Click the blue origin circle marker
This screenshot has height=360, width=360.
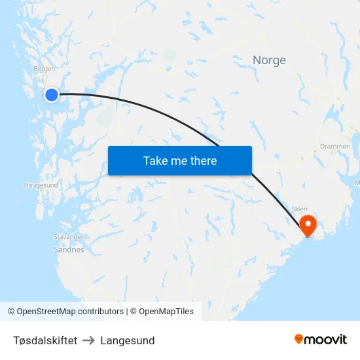pos(51,95)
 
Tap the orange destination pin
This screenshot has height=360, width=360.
pos(308,226)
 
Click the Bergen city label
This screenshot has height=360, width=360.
pos(44,68)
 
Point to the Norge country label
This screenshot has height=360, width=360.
pos(269,60)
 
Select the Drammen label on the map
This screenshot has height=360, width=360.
pos(335,147)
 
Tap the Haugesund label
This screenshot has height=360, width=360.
pos(41,185)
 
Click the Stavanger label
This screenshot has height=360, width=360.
pos(68,236)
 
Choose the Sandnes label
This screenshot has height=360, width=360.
pos(69,249)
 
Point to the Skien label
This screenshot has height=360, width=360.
pos(299,209)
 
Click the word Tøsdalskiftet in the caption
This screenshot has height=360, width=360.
pos(45,340)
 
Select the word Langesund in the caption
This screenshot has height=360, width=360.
pos(128,340)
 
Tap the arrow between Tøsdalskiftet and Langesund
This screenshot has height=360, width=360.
pos(88,340)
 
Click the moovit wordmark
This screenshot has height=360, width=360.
pos(325,339)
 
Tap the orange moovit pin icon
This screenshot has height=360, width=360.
pos(298,339)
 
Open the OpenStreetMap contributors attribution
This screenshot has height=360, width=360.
pos(70,312)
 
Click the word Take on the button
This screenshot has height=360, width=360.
pos(155,161)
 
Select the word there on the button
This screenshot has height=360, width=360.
pos(203,161)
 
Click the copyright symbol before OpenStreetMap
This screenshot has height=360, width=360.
pos(12,312)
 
